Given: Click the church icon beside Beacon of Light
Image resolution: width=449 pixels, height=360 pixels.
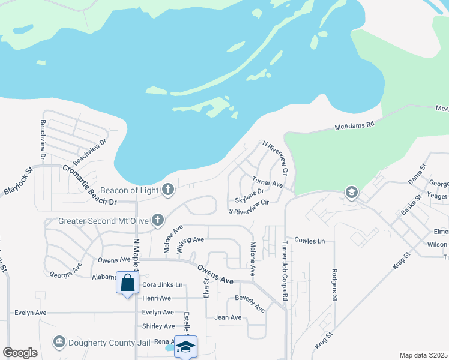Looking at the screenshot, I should coord(167,190).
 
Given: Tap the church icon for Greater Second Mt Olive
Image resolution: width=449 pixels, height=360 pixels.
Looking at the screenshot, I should coord(158,220).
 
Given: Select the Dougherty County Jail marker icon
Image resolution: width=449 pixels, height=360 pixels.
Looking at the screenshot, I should coord(59,342).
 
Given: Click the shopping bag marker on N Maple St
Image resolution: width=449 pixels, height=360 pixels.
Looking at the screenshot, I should coord(128,283).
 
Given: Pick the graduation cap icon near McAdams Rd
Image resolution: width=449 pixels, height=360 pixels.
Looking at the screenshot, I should coord(351,192).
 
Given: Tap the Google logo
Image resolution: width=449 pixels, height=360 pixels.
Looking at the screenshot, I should coord(20,353).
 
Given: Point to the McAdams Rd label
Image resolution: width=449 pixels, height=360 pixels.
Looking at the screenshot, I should coord(354,125).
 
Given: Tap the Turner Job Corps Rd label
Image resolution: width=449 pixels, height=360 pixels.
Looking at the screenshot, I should coord(285,271).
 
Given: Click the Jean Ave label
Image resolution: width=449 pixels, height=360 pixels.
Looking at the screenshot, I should coord(228,317).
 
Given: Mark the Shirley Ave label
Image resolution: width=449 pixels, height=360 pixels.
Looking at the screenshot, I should coord(158,326).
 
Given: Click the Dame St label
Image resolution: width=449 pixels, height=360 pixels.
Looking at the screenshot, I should coord(416,174).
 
